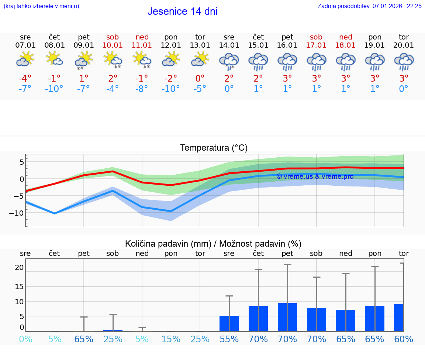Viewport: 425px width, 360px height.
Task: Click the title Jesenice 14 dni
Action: [x=182, y=11]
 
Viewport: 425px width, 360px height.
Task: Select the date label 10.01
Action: [x=113, y=45]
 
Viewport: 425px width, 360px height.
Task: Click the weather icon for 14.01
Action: [x=229, y=61]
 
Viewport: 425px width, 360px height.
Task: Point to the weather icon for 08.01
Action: [x=55, y=59]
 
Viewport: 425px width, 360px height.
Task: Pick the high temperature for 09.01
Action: [x=84, y=78]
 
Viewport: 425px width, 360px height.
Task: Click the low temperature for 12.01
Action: [x=171, y=89]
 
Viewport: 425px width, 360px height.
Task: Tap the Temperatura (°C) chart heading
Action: [x=214, y=148]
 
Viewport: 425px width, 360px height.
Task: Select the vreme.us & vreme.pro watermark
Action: [x=315, y=176]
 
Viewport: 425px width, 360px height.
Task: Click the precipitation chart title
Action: [x=213, y=244]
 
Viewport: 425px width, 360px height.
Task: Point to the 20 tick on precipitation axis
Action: [x=19, y=267]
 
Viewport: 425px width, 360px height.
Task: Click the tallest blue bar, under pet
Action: [x=287, y=317]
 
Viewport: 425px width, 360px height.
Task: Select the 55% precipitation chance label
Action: [x=229, y=339]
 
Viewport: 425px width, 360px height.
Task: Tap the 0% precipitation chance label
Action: [x=25, y=339]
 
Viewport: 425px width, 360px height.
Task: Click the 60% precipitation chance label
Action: [x=404, y=339]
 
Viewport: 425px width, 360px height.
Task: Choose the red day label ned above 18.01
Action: [x=346, y=37]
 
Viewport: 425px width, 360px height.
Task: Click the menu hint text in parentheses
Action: [x=41, y=6]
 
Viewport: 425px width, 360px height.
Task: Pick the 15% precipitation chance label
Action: [x=171, y=339]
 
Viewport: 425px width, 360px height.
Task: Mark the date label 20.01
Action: [x=404, y=45]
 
